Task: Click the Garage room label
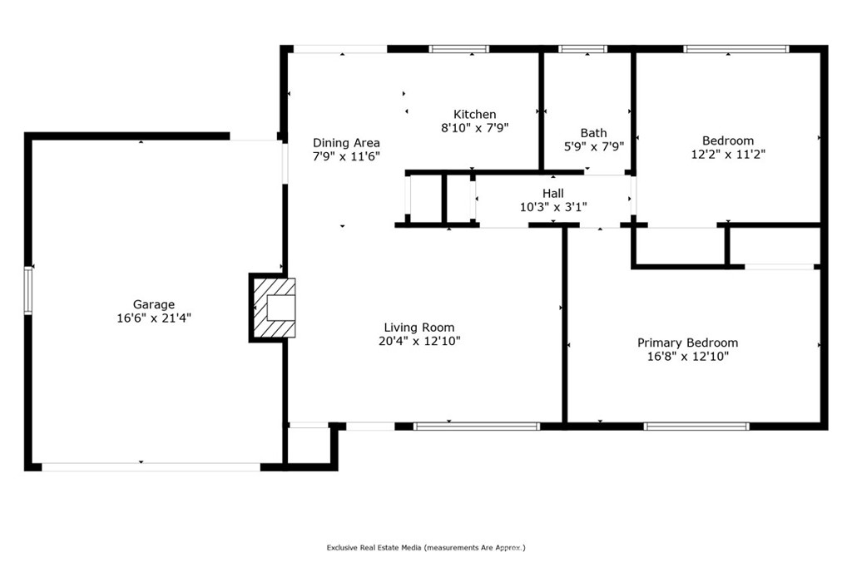point(154,304)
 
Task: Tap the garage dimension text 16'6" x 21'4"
point(154,318)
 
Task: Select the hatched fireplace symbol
point(275,308)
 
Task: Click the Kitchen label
point(475,114)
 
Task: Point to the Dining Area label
point(346,143)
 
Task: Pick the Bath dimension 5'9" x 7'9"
point(594,146)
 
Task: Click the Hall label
point(553,194)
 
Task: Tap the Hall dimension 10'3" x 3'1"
point(553,207)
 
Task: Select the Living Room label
point(419,328)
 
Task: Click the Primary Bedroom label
point(687,343)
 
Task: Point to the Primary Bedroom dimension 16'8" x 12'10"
point(687,357)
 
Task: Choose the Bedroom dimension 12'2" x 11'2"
point(728,155)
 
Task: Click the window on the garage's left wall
point(28,290)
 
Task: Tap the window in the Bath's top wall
point(583,49)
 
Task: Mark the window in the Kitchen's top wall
point(459,49)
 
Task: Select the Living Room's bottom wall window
point(477,426)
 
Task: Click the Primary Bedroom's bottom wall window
point(696,426)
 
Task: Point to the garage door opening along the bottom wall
point(151,467)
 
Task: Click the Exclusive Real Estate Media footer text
point(426,547)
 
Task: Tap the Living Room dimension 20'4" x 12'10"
point(419,341)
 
